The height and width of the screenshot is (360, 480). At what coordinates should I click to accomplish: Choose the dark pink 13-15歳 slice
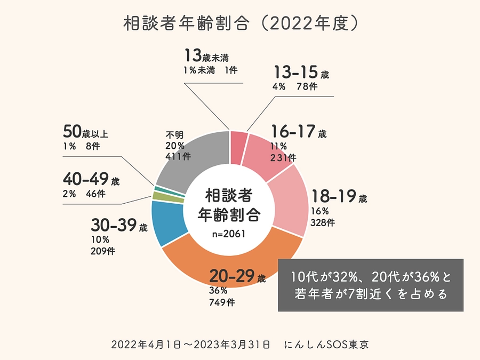(239, 140)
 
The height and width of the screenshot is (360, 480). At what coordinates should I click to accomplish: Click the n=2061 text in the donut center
(229, 234)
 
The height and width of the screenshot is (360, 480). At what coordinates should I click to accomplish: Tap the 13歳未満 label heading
(210, 56)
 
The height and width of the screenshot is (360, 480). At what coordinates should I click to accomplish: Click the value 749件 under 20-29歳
(222, 302)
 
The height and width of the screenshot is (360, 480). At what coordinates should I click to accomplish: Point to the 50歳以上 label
(89, 132)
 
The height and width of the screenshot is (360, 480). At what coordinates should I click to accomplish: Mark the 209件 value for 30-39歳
(102, 251)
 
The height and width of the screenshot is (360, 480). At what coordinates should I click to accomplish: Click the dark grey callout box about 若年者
(371, 285)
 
